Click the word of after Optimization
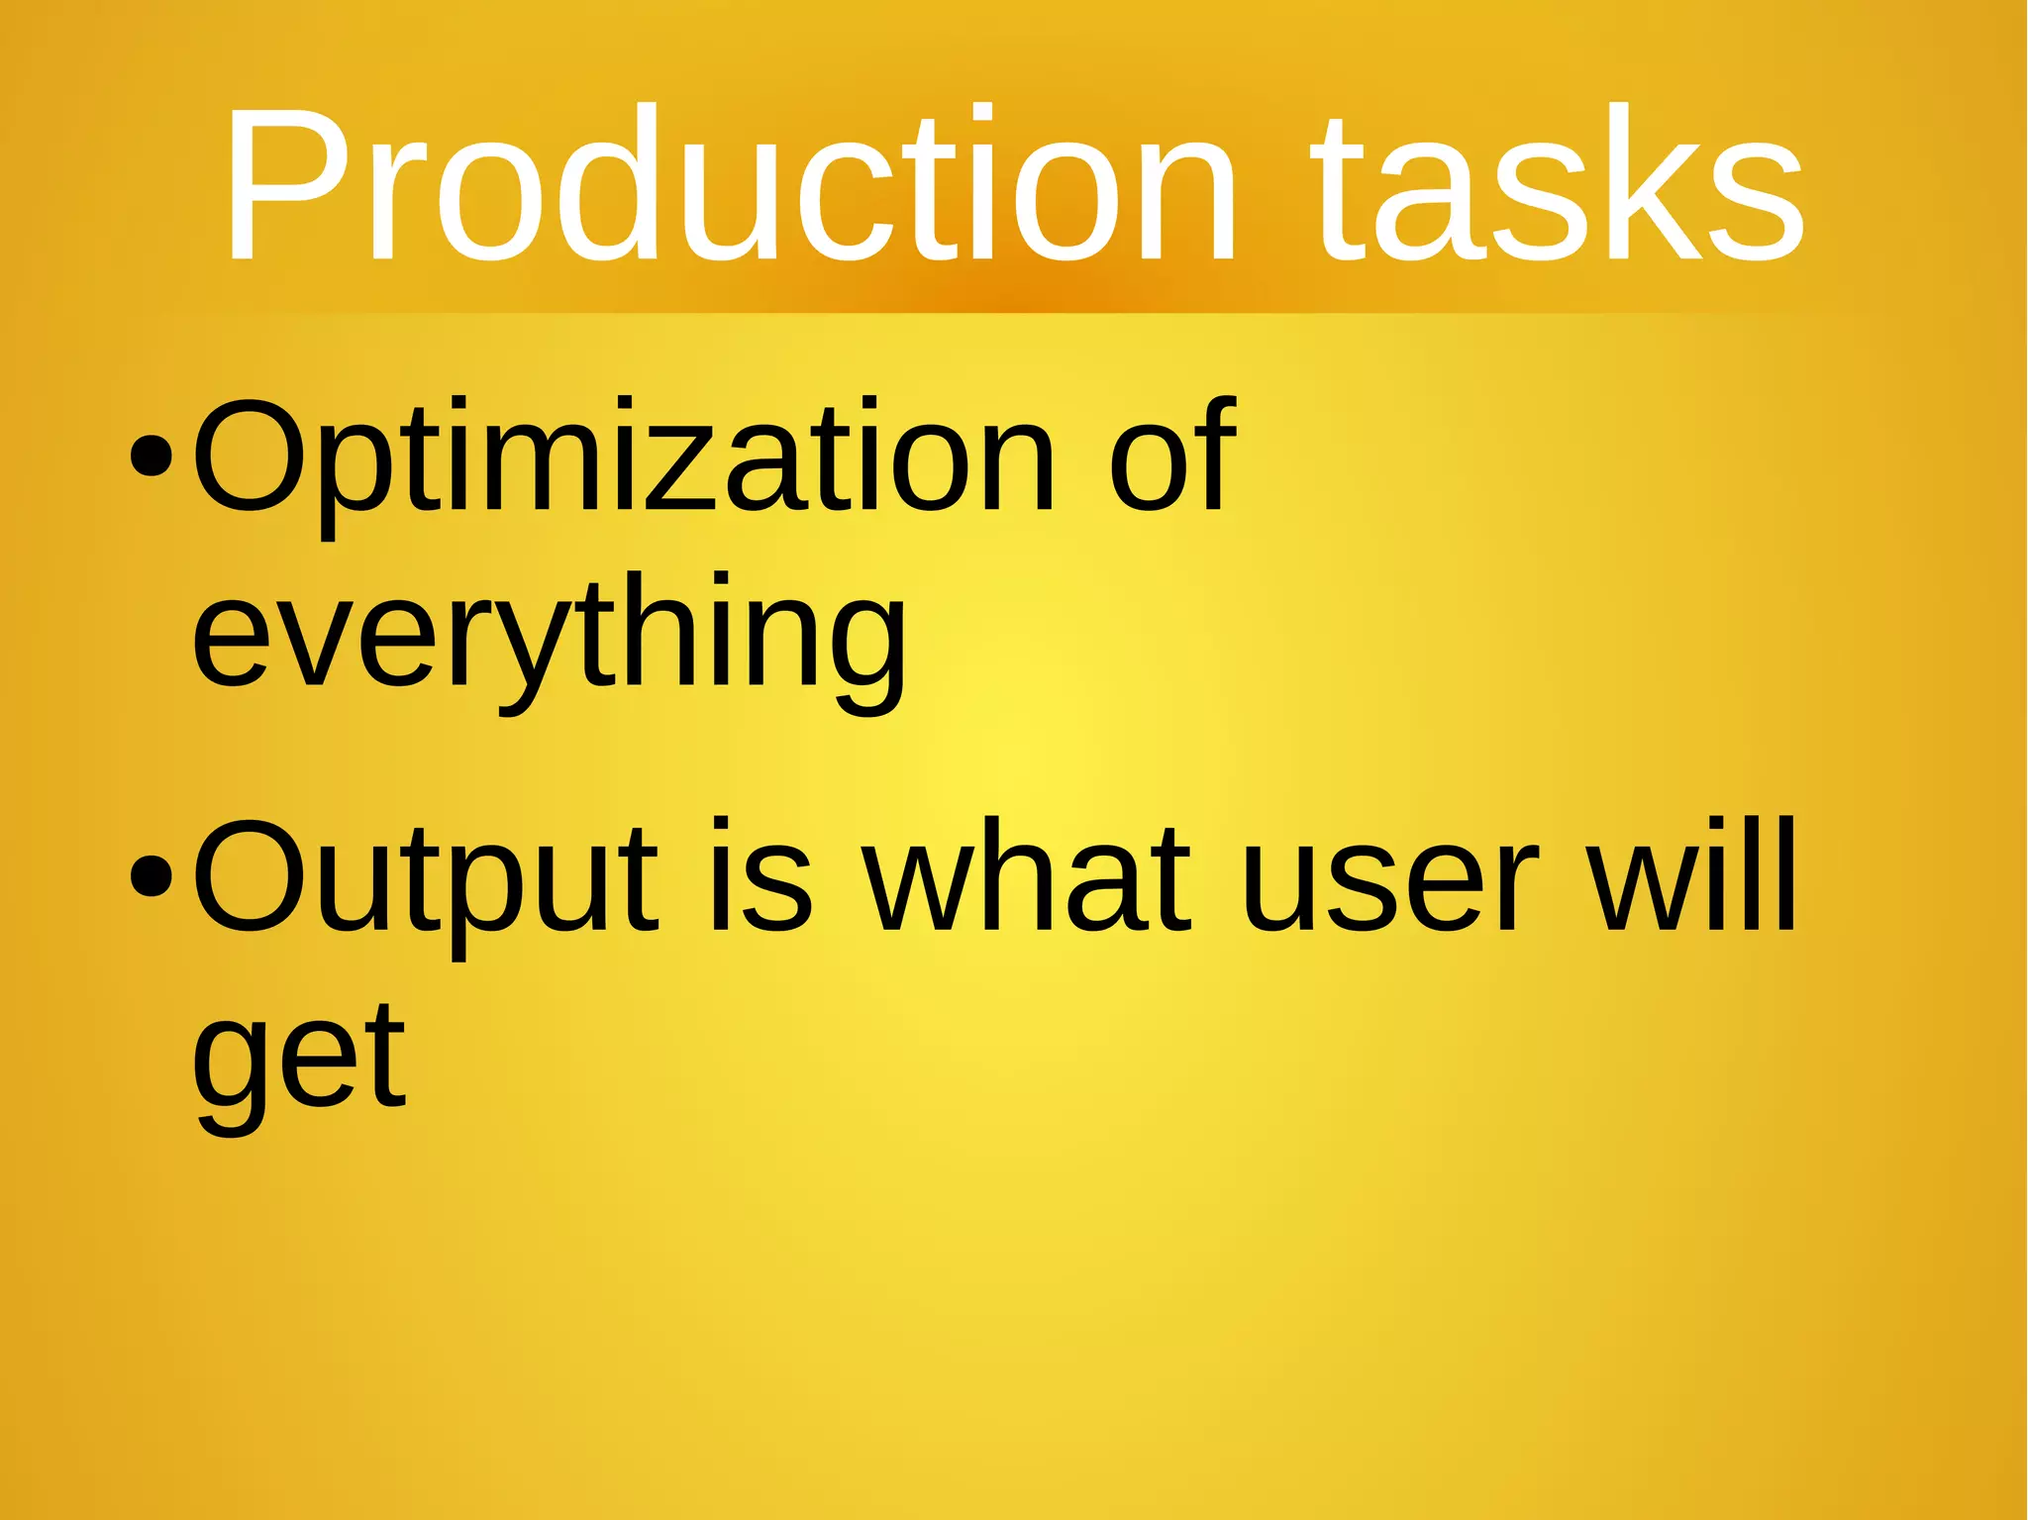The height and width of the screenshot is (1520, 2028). click(1172, 456)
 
